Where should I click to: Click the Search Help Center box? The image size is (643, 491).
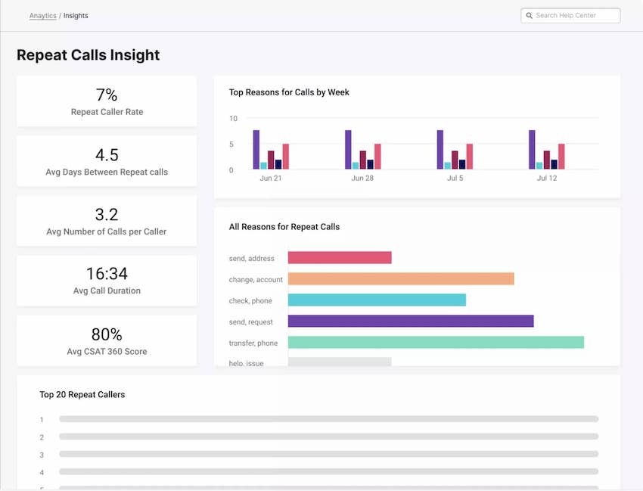coord(571,16)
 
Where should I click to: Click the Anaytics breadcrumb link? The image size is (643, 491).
coord(42,16)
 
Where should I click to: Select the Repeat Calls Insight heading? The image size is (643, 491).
coord(88,55)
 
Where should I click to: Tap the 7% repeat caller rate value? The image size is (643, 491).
coord(107,95)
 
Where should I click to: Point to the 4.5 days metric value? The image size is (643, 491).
coord(107,155)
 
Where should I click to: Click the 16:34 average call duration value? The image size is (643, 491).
coord(107,274)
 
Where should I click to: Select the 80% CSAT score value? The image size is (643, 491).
coord(107,334)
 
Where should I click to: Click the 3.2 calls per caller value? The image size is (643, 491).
coord(107,215)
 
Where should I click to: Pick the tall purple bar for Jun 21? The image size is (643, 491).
coord(256,150)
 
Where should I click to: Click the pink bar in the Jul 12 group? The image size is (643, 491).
coord(561,157)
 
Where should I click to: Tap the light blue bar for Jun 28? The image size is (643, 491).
coord(356,165)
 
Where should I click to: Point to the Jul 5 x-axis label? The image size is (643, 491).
coord(454,179)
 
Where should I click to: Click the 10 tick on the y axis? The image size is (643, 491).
coord(233,119)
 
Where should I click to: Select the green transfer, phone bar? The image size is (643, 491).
coord(436,343)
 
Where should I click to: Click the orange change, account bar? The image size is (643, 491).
coord(401,279)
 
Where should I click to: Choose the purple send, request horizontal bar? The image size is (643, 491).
coord(411,322)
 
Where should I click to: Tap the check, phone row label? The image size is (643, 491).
coord(251,301)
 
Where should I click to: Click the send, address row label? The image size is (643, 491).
coord(252,259)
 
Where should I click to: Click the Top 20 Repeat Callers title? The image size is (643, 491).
coord(82,395)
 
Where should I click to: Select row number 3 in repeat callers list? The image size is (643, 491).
coord(42,455)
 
